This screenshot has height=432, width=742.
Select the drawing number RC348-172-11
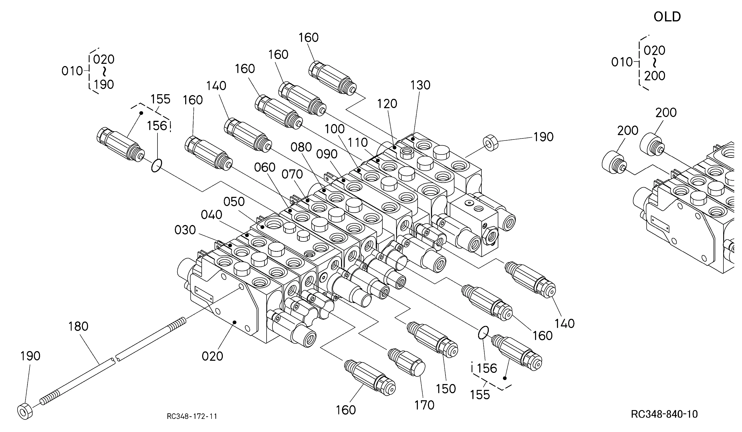(x=192, y=416)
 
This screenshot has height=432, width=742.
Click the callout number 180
(x=78, y=326)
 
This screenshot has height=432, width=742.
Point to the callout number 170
(x=424, y=405)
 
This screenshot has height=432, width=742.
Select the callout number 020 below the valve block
(x=212, y=356)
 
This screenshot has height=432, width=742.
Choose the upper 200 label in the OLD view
(x=666, y=112)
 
